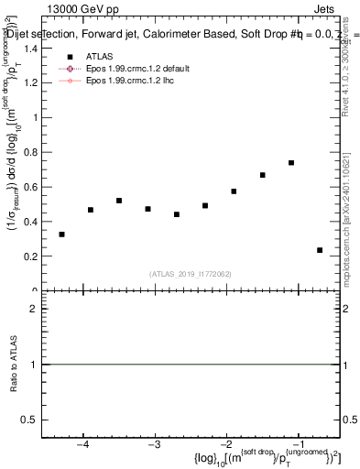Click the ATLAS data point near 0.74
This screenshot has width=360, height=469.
291,163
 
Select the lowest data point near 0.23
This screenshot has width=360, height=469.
320,250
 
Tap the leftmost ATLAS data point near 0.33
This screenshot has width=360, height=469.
61,234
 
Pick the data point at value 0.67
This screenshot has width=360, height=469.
263,175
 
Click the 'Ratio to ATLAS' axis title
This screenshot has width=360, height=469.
14,364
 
